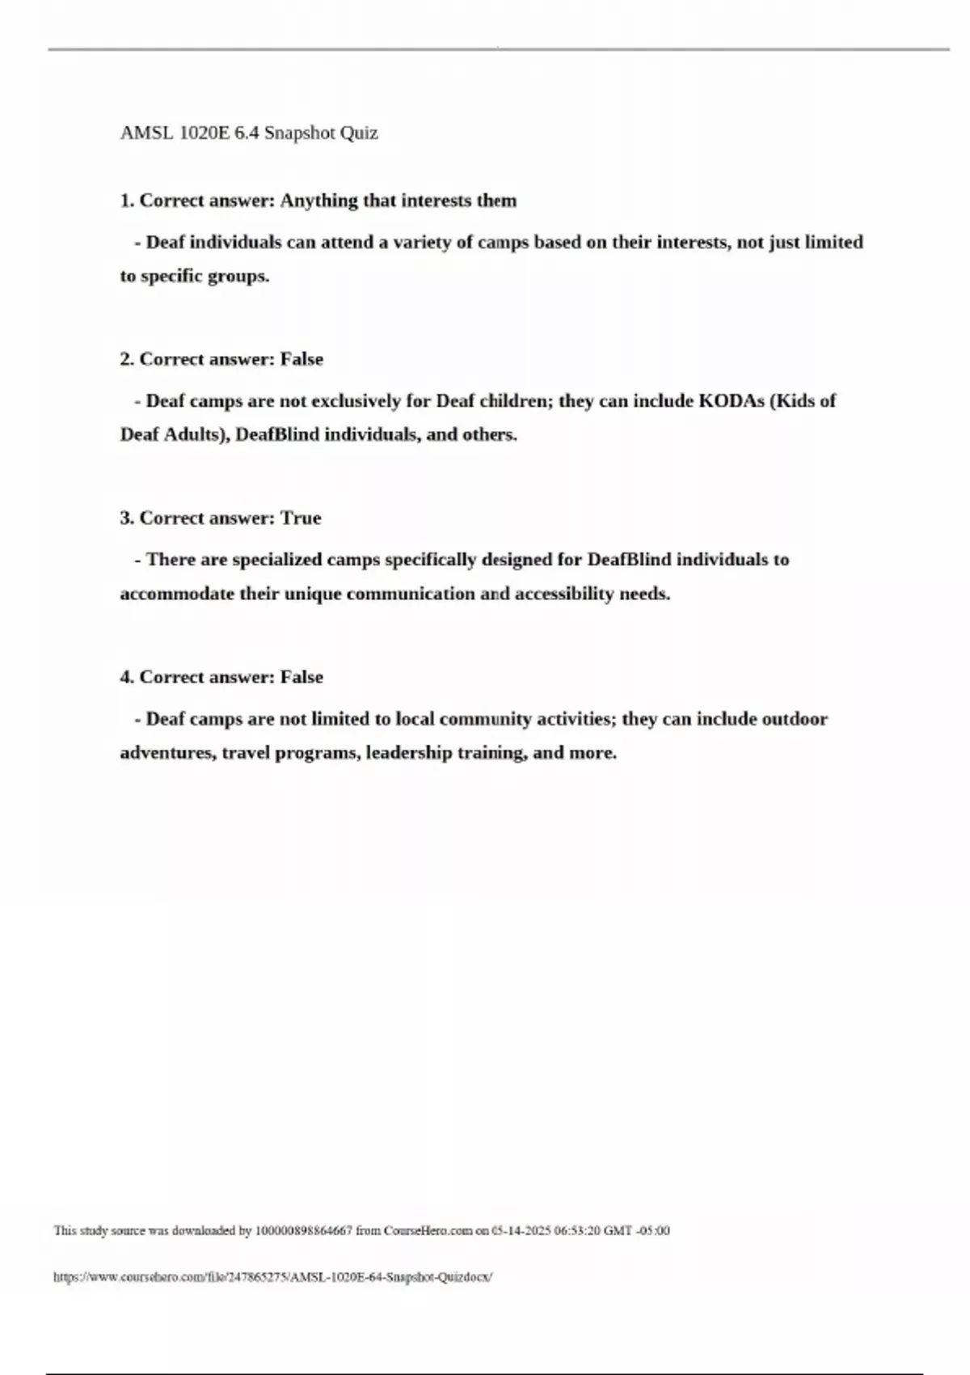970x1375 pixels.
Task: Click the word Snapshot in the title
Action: point(300,133)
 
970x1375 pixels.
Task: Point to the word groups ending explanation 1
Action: point(238,276)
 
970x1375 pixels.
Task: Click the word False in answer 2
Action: point(302,359)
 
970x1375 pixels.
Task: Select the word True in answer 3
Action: point(301,518)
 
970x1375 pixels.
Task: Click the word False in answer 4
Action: point(302,677)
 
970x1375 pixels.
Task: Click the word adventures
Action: point(168,753)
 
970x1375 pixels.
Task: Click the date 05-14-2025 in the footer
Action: point(521,1231)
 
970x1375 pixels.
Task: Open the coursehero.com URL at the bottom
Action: point(273,1277)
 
